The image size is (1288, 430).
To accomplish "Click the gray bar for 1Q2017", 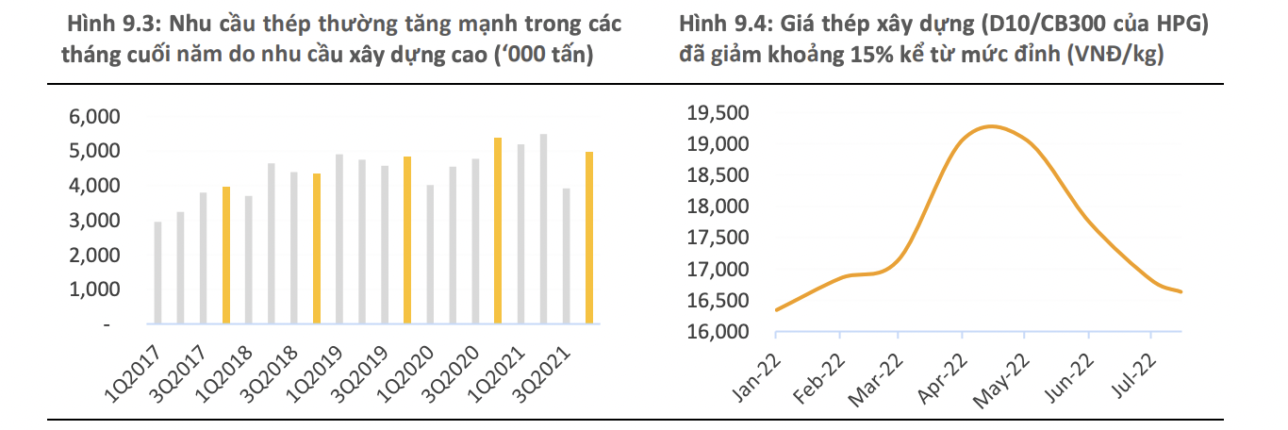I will [x=157, y=273].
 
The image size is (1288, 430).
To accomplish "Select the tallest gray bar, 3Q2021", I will [x=543, y=230].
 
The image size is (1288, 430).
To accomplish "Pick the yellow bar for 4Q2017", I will [x=226, y=256].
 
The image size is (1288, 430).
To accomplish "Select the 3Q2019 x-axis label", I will [x=359, y=372].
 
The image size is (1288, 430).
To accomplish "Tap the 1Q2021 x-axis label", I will [x=496, y=372].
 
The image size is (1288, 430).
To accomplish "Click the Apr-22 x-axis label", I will [x=944, y=376].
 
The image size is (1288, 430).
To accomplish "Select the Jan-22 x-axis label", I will [x=756, y=376].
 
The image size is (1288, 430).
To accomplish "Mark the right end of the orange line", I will [x=1181, y=291].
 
